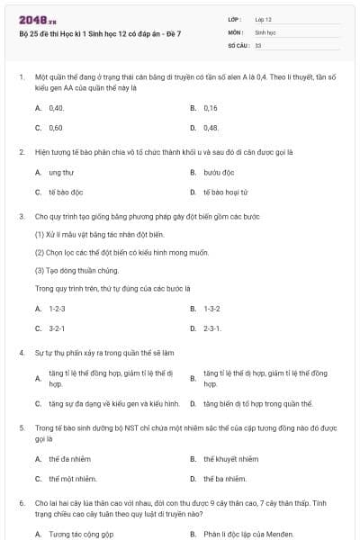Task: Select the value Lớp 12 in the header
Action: click(x=263, y=19)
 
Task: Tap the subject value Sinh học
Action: click(x=265, y=31)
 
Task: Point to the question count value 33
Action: click(x=258, y=44)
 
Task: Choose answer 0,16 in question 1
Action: click(x=211, y=107)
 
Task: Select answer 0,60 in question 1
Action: click(x=56, y=128)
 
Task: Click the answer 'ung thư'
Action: click(x=60, y=171)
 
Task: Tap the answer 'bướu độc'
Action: click(x=219, y=171)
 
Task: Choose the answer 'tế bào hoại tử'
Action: click(x=224, y=192)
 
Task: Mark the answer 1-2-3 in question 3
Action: click(x=57, y=308)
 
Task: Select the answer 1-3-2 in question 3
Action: click(x=211, y=308)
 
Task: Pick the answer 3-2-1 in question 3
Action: click(x=57, y=328)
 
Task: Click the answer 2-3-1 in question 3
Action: click(x=211, y=328)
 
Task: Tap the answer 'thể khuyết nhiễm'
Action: click(x=230, y=459)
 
